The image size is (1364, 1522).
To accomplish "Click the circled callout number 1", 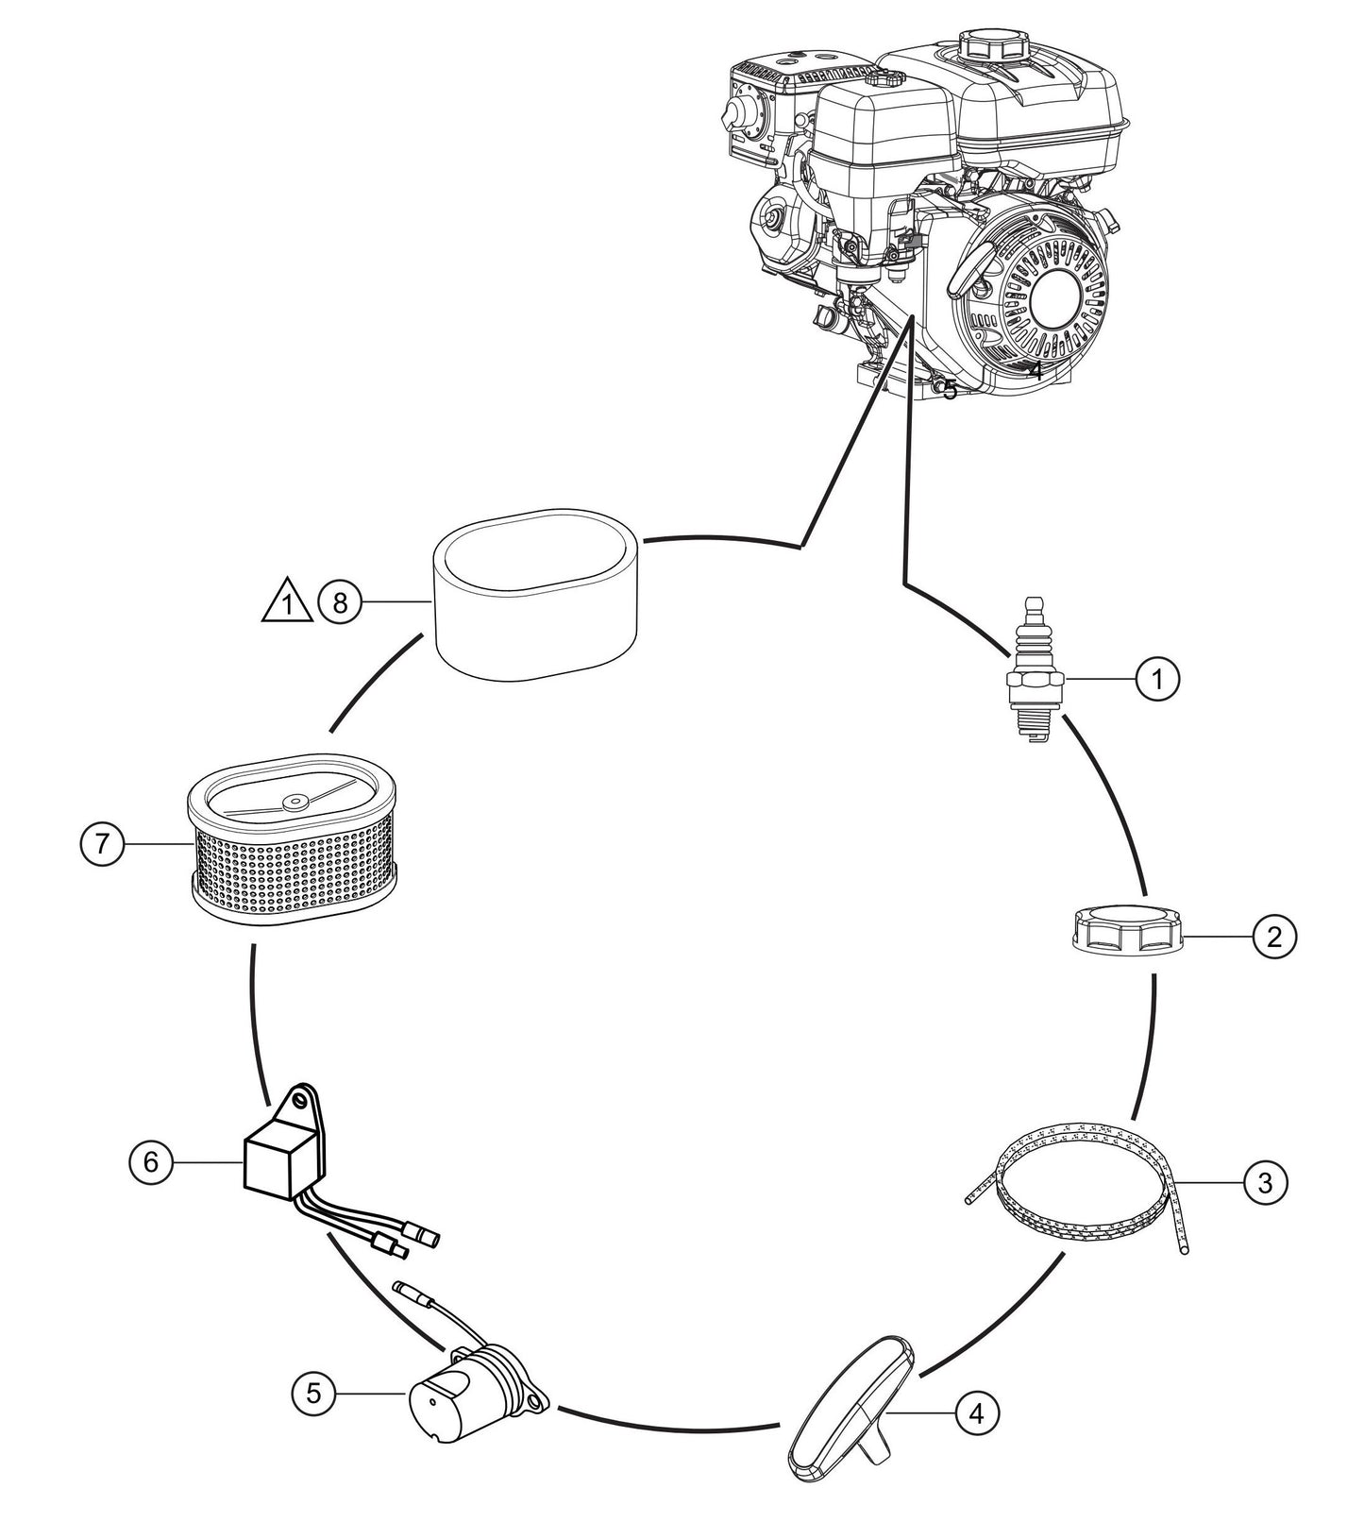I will coord(1158,678).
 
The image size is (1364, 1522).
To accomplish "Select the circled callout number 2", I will coord(1273,937).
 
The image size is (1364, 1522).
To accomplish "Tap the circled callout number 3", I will coord(1265,1180).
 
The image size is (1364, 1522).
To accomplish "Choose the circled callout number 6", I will coord(151,1161).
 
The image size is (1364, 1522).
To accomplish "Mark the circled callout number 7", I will coord(102,843).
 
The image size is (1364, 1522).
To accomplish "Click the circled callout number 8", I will coord(340,601).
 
